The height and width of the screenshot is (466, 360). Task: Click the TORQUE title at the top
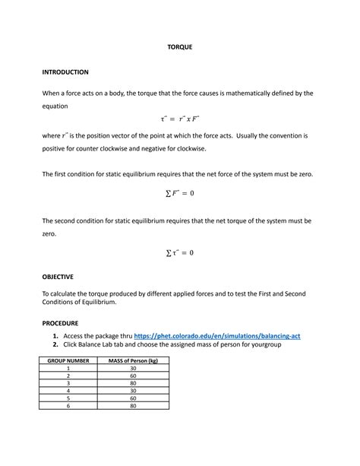[x=180, y=47]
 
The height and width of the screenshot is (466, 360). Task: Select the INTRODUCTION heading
[x=65, y=72]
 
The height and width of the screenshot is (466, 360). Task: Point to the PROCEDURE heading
[x=60, y=323]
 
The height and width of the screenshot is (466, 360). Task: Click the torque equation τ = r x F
[x=180, y=119]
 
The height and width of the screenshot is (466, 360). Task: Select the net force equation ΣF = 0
[x=180, y=193]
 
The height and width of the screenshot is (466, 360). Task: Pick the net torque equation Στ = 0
[x=180, y=252]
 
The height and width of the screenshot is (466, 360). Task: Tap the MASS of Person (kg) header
[x=133, y=360]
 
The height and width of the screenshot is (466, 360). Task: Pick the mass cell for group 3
[x=133, y=383]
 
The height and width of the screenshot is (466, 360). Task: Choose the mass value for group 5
[x=133, y=398]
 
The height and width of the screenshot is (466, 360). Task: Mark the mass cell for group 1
[x=133, y=368]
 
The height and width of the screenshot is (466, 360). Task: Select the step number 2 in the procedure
[x=56, y=344]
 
